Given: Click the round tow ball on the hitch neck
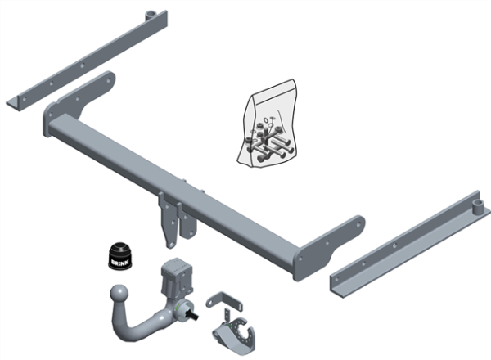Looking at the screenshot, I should [119, 294].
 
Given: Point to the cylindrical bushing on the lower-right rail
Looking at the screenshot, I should [475, 202].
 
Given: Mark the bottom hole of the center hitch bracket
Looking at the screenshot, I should [169, 238].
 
